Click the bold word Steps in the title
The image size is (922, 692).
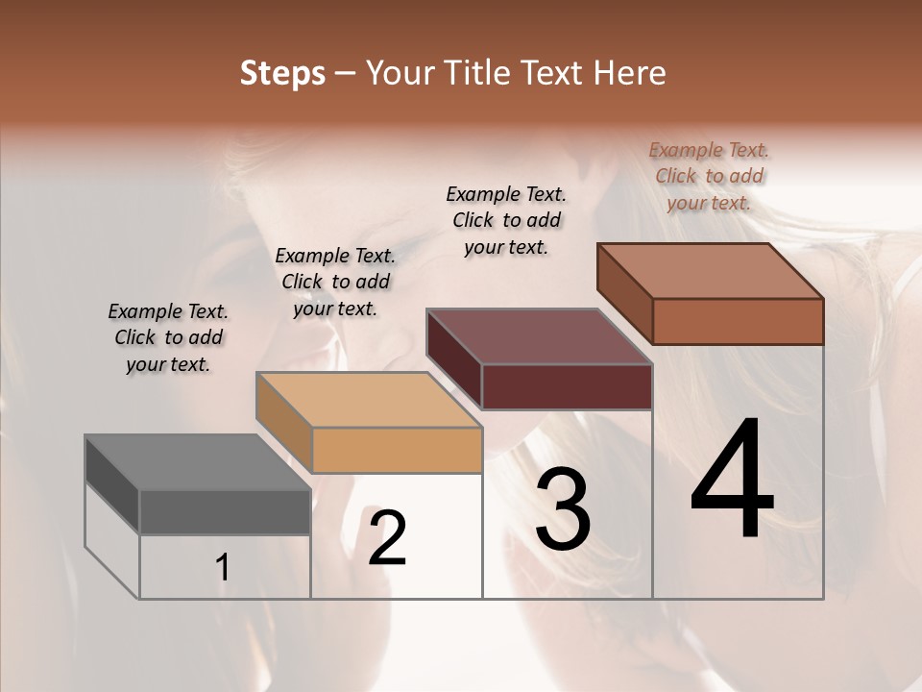(282, 73)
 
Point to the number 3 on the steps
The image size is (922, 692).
(563, 509)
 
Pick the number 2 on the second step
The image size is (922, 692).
(387, 538)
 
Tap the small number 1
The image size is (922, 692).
(223, 568)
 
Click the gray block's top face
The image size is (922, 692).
(197, 462)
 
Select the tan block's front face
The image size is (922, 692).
(397, 450)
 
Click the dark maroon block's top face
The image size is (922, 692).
(539, 337)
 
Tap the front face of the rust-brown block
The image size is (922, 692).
(738, 321)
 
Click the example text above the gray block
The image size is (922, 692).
(168, 337)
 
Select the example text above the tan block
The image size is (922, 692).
(335, 282)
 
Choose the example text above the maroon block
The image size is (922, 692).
(506, 220)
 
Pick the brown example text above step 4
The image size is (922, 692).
(709, 176)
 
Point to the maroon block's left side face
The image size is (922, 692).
(453, 360)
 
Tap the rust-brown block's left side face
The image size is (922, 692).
(624, 294)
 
